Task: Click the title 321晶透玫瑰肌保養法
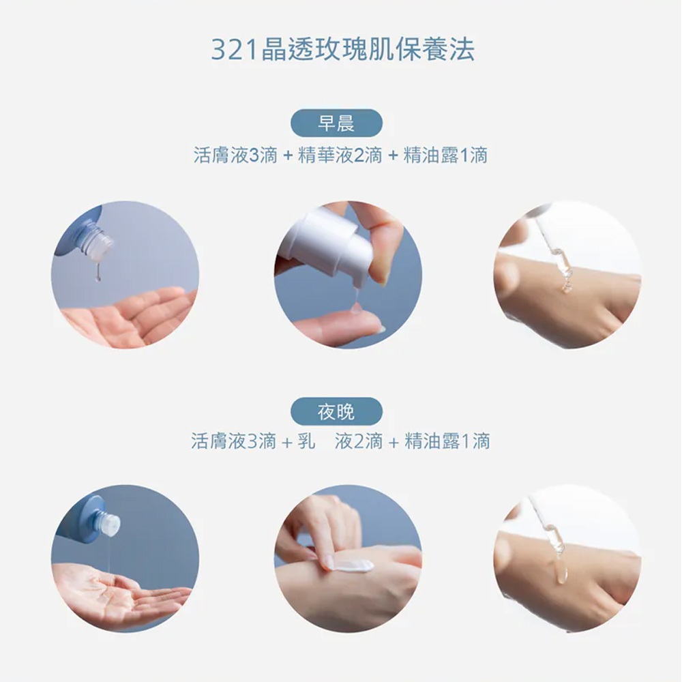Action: tap(343, 49)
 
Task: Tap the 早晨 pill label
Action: tap(336, 123)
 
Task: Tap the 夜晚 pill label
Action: tap(336, 411)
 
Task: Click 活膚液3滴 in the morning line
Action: tap(235, 155)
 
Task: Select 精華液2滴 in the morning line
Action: tap(340, 155)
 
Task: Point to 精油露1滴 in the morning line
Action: tap(445, 155)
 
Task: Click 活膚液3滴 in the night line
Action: tap(233, 441)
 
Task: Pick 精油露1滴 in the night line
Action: tap(447, 441)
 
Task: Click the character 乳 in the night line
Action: tap(306, 441)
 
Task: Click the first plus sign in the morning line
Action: tap(288, 155)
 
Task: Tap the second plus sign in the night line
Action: tap(394, 443)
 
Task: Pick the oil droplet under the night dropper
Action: tap(561, 574)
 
